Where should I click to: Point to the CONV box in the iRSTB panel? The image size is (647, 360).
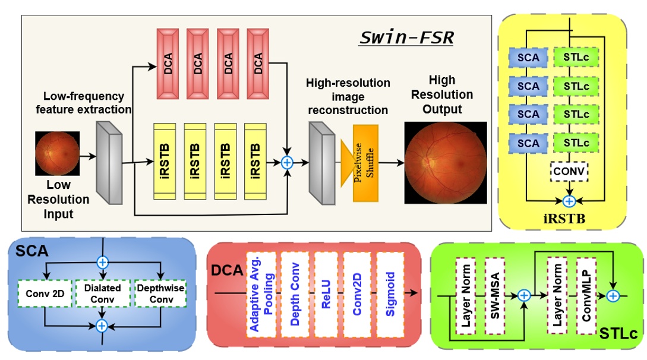tap(569, 172)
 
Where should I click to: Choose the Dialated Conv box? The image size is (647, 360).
tap(102, 293)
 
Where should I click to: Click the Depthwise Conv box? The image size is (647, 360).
tap(161, 293)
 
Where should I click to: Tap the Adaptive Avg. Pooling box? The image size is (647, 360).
tap(262, 294)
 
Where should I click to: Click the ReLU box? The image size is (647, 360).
tap(326, 294)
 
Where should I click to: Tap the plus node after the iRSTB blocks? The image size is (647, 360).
tap(287, 162)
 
